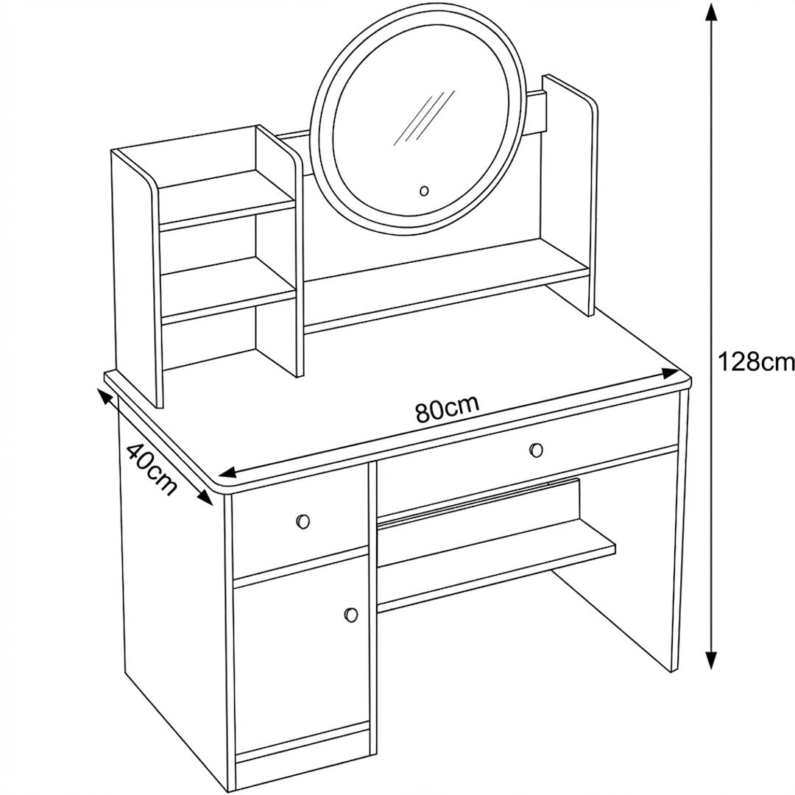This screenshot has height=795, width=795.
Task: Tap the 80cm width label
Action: [448, 409]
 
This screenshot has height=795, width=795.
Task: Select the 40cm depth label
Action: [152, 469]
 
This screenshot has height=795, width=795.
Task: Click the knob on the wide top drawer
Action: [537, 449]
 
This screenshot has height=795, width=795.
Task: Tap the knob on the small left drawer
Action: [303, 521]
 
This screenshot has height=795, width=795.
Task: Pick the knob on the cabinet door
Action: [351, 615]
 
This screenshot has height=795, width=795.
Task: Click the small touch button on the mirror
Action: [425, 191]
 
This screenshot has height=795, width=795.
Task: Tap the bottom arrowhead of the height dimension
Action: [712, 659]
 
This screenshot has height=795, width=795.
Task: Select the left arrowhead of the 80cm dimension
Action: [228, 473]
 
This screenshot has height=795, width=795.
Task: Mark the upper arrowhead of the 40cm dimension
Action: [104, 384]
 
